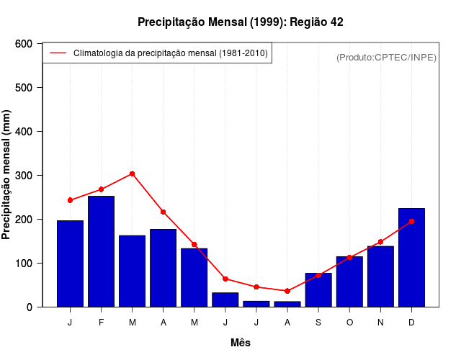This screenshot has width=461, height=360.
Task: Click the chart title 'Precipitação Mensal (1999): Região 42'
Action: click(x=240, y=22)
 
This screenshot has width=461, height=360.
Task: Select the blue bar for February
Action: click(x=101, y=251)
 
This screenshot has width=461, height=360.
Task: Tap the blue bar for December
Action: click(x=411, y=257)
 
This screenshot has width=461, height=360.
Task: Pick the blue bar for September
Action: click(x=318, y=289)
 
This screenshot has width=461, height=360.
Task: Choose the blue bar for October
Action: click(x=349, y=282)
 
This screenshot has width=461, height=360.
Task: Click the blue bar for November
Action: click(x=380, y=276)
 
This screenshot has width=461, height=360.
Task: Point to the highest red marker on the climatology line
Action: click(x=133, y=174)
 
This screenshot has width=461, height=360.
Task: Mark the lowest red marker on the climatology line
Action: click(x=287, y=291)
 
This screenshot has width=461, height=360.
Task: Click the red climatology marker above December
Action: click(x=411, y=222)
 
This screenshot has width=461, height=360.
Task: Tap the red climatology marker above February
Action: click(x=101, y=189)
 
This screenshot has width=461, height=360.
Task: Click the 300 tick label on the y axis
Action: click(x=24, y=176)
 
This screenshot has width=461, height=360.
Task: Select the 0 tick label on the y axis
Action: click(x=29, y=307)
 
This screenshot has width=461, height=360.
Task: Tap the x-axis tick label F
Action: click(x=101, y=323)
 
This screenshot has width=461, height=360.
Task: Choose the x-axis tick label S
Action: click(x=318, y=323)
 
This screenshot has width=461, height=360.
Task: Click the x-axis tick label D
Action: click(x=411, y=323)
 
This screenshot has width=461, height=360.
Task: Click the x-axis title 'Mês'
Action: click(x=241, y=343)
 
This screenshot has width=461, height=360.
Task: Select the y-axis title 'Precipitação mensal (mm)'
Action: click(x=7, y=175)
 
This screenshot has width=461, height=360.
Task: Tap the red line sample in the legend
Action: click(x=58, y=53)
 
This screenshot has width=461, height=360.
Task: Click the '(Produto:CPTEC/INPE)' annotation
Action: click(x=386, y=58)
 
